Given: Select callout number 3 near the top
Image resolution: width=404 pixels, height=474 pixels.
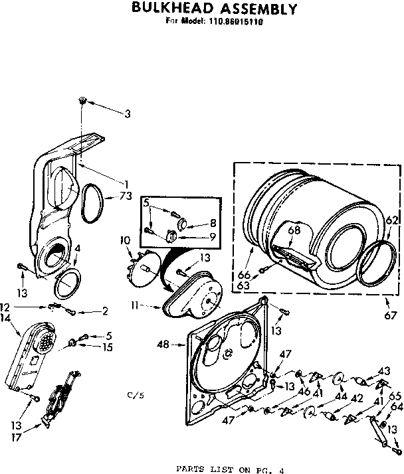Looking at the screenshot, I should [128, 114].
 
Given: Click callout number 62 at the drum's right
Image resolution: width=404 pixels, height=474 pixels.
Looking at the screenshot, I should [392, 220].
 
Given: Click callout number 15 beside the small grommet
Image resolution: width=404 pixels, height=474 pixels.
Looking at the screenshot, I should [107, 347].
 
